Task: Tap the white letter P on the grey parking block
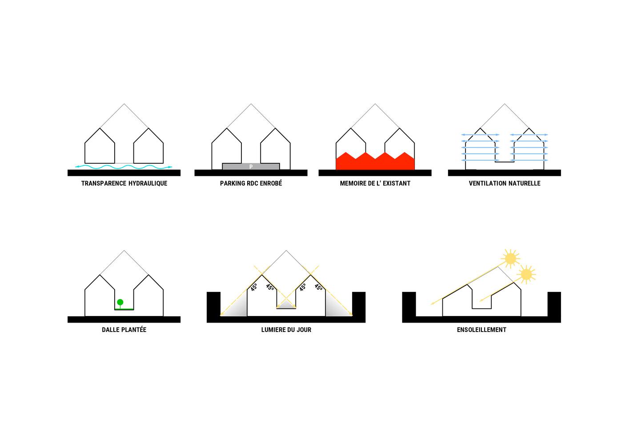(251, 167)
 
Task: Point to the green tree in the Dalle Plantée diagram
(120, 303)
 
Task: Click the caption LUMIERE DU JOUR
(286, 330)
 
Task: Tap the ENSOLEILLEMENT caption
(481, 330)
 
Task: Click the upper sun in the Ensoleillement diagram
(510, 258)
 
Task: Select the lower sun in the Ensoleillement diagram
(526, 275)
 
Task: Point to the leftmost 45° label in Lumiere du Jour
(253, 287)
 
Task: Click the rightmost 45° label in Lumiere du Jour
(319, 287)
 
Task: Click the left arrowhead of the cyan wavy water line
(77, 166)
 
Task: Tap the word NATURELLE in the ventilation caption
(525, 183)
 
